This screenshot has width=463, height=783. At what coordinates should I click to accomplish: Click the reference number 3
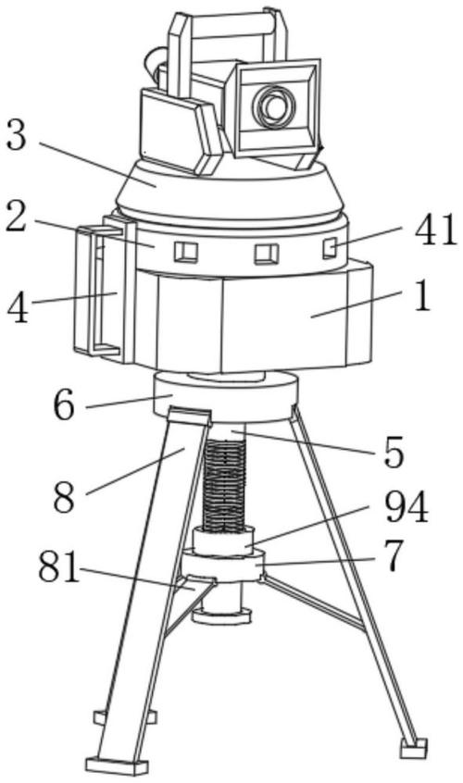[x=16, y=135]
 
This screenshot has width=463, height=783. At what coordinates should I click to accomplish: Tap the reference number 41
[x=436, y=230]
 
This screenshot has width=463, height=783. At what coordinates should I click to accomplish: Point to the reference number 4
[x=18, y=308]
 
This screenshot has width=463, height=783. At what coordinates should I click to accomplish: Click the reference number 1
[x=422, y=296]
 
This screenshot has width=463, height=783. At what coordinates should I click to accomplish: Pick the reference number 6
[x=64, y=405]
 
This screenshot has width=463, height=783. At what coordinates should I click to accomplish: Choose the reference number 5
[x=394, y=453]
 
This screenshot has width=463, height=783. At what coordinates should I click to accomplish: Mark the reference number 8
[x=65, y=497]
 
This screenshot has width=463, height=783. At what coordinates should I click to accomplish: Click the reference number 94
[x=407, y=507]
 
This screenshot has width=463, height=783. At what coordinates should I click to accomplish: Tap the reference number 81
[x=59, y=567]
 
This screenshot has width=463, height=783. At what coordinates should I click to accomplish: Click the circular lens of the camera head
[x=274, y=106]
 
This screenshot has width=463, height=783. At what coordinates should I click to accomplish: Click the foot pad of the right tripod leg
[x=414, y=748]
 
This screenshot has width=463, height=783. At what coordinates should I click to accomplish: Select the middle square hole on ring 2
[x=266, y=254]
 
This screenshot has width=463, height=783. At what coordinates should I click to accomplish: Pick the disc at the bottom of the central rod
[x=221, y=615]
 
